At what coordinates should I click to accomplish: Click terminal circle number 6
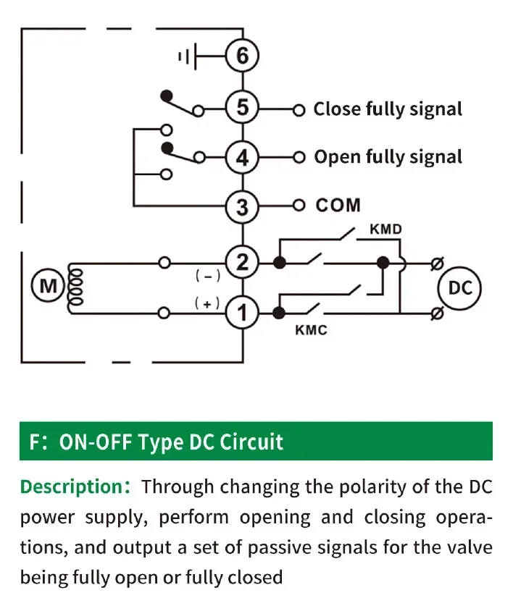pyautogui.click(x=242, y=55)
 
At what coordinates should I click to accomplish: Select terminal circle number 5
pyautogui.click(x=242, y=107)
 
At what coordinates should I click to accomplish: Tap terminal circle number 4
pyautogui.click(x=242, y=158)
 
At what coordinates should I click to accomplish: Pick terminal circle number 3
pyautogui.click(x=242, y=206)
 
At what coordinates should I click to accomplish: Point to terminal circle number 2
pyautogui.click(x=242, y=262)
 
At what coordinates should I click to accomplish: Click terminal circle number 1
pyautogui.click(x=242, y=313)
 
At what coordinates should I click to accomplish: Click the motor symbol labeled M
pyautogui.click(x=48, y=287)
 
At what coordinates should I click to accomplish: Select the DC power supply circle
pyautogui.click(x=460, y=288)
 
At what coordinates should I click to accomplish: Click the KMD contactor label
pyautogui.click(x=385, y=229)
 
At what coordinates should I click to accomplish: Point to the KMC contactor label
pyautogui.click(x=311, y=330)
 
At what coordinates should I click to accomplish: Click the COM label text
pyautogui.click(x=338, y=206)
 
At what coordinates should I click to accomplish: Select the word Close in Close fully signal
pyautogui.click(x=338, y=109)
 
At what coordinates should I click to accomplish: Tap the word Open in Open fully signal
pyautogui.click(x=337, y=158)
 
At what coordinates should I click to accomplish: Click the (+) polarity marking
pyautogui.click(x=207, y=303)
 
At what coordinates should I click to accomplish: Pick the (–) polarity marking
pyautogui.click(x=208, y=277)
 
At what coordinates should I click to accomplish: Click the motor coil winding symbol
pyautogui.click(x=75, y=287)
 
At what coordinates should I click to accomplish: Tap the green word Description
pyautogui.click(x=72, y=487)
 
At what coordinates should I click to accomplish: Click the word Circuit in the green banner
pyautogui.click(x=251, y=442)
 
